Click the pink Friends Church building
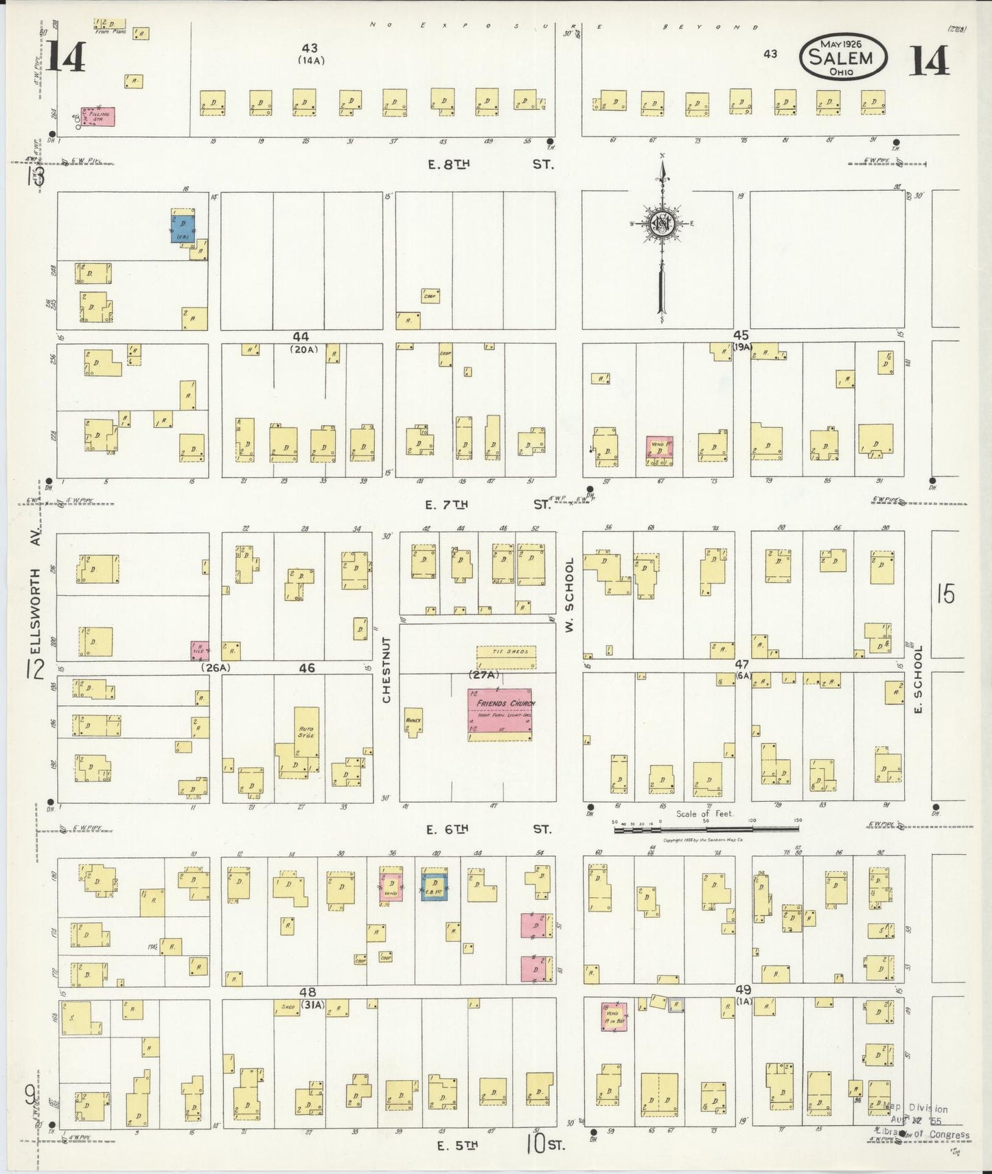[500, 715]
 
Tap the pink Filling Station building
[98, 117]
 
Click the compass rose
[662, 227]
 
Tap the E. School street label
[919, 680]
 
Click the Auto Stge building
[306, 732]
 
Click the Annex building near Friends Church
[413, 721]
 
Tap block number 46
[307, 667]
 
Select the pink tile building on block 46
[200, 650]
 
